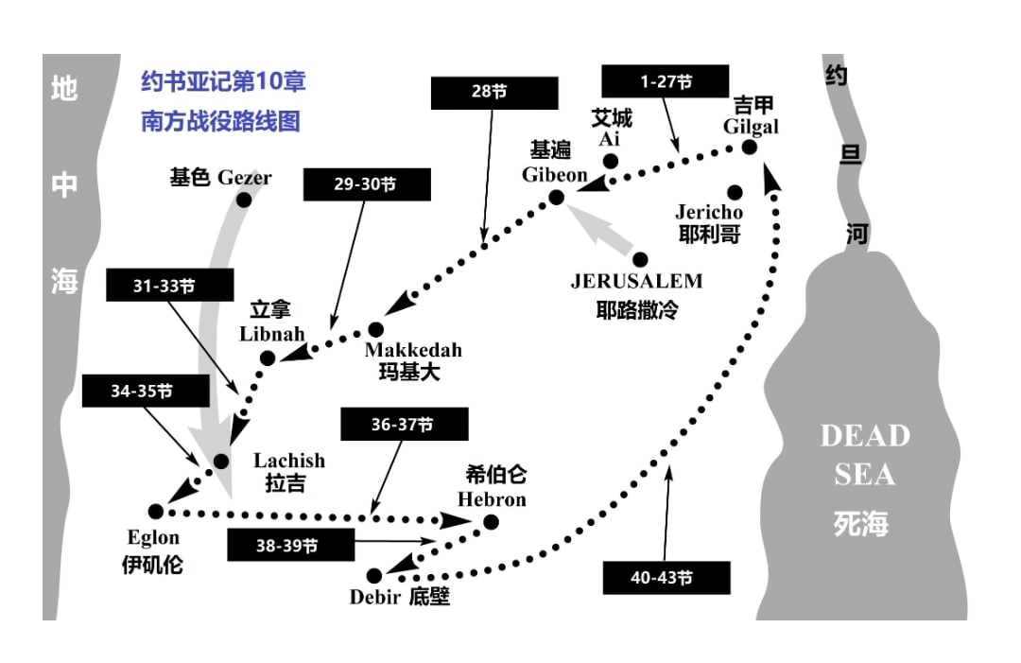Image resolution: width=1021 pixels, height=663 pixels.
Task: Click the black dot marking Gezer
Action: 244,200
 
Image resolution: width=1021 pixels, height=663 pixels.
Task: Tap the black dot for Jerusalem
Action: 640,260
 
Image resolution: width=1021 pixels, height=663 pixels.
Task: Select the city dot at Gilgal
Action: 750,148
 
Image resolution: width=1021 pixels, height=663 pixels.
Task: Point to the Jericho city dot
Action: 735,192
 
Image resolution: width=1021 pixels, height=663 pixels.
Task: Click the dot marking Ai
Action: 610,161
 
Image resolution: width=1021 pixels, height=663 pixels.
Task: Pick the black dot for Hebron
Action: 491,522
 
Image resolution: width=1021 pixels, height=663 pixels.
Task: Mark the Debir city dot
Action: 373,576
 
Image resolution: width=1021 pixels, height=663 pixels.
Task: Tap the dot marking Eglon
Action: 156,512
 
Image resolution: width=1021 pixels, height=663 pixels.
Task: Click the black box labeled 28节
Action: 494,93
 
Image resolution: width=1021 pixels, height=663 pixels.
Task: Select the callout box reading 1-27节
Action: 665,81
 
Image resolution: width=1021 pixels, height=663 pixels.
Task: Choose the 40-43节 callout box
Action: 666,578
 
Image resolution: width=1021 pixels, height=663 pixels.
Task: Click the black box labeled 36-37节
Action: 405,424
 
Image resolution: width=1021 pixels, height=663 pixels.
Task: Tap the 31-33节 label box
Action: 170,286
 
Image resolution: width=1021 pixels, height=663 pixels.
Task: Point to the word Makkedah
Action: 413,350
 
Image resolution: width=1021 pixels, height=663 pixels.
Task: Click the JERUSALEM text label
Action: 637,281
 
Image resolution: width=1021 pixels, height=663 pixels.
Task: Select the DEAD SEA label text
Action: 865,455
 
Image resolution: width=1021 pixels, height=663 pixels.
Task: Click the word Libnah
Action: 272,334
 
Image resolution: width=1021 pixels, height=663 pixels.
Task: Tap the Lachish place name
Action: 289,461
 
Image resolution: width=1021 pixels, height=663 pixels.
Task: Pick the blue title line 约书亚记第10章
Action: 223,81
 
